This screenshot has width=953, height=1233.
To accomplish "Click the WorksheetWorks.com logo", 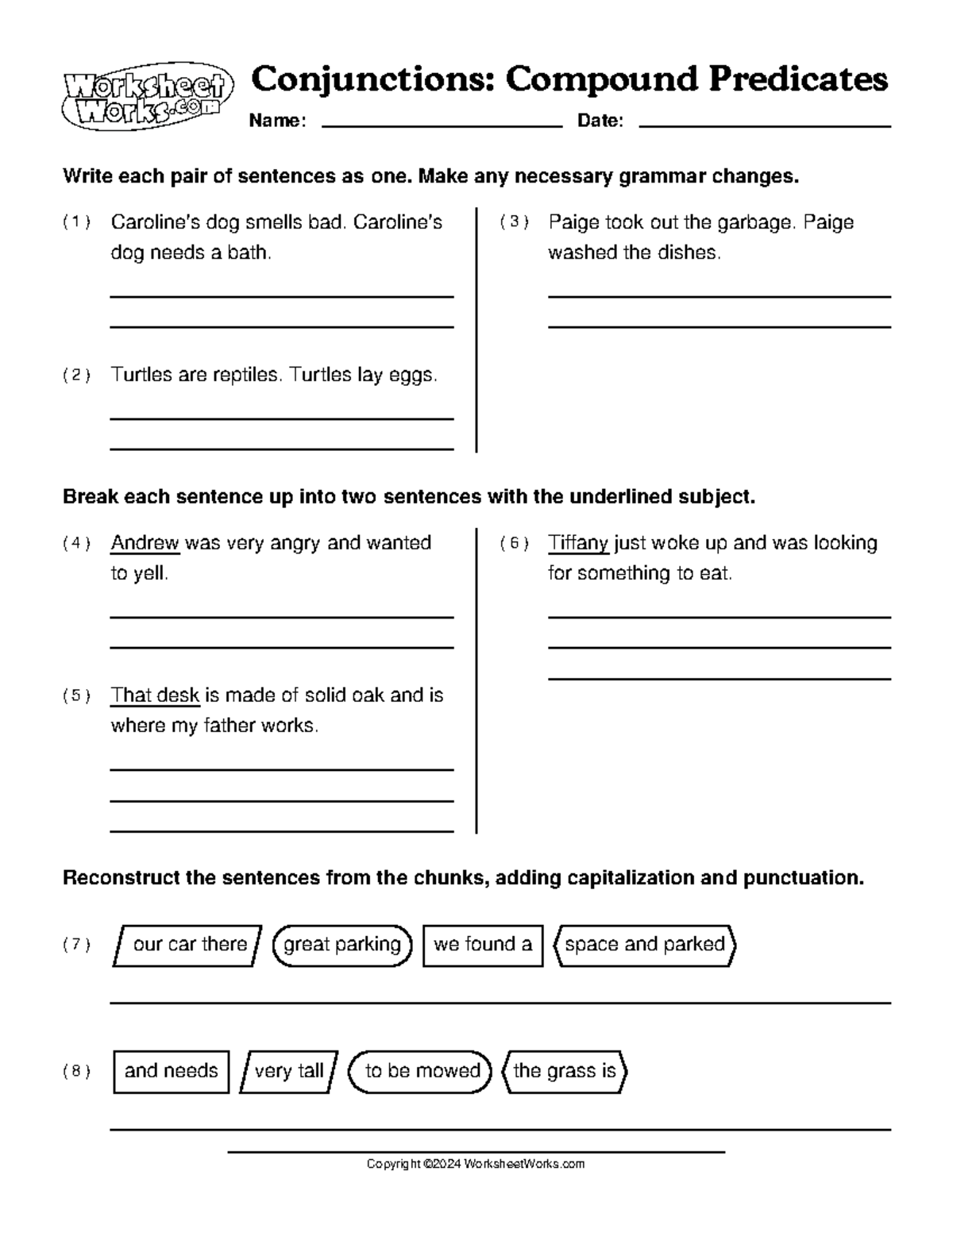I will [147, 96].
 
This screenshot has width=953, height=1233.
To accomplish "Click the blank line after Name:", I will [441, 125].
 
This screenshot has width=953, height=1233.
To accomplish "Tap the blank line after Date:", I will [764, 125].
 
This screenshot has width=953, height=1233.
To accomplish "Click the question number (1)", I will [76, 222].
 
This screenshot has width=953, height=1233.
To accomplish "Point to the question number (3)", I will [514, 222].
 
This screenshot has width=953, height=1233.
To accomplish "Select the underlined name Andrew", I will [145, 543].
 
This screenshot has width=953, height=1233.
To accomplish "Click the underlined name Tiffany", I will [577, 543].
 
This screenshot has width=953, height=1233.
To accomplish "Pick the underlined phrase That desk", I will [155, 695].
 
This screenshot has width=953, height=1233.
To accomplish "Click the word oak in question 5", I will [368, 695].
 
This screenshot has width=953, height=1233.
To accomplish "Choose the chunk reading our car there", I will [188, 945].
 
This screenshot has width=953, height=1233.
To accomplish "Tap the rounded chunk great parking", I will [342, 945].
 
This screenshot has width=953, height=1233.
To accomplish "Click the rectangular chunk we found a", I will [483, 945].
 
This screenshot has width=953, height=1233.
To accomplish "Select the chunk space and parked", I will [644, 945].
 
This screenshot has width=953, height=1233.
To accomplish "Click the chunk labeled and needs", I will [171, 1071].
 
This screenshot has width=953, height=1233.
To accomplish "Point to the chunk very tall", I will [288, 1071].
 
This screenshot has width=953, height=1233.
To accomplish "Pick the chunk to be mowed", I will [422, 1071].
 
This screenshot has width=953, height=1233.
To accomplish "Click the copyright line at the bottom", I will [475, 1164].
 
